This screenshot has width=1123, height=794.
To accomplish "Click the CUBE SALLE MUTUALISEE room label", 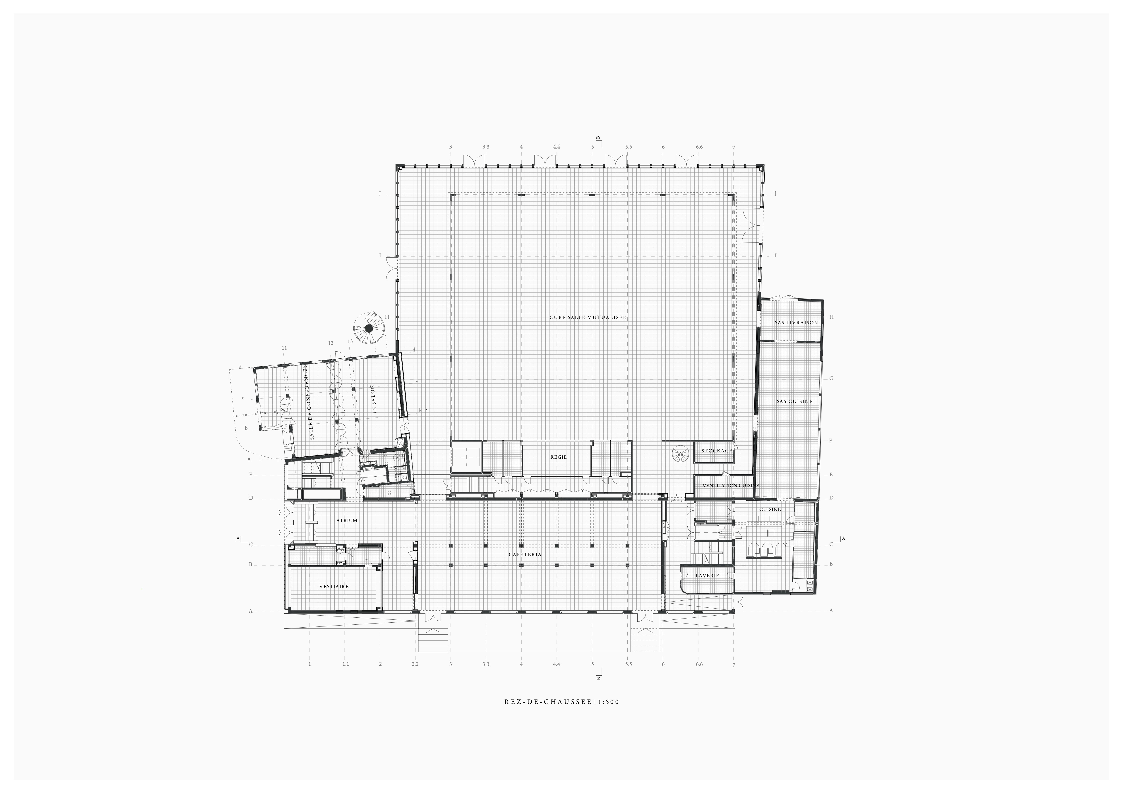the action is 587,317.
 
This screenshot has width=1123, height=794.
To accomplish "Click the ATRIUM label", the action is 347,521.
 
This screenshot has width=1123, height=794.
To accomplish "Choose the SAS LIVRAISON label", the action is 789,323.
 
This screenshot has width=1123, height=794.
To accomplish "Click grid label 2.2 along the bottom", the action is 415,664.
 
